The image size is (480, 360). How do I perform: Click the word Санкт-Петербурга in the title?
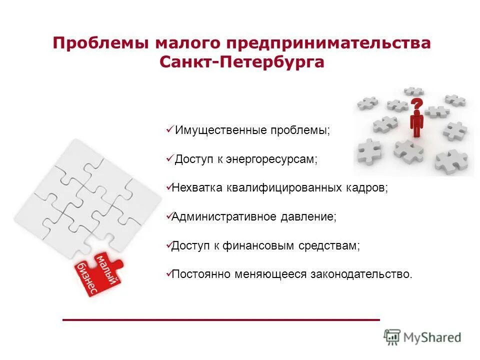pos(241,62)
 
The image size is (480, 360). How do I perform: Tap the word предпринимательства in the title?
pos(329,42)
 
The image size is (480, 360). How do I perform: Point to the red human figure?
pos(416,124)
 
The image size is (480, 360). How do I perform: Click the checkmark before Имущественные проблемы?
pos(169,130)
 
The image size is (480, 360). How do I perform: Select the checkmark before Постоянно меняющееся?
pos(168,274)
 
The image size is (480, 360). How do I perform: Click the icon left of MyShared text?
pos(392,337)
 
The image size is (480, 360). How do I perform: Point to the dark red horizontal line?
pos(221,319)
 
